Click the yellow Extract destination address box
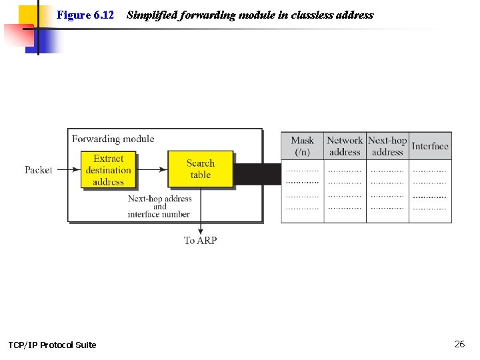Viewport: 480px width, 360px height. click(109, 170)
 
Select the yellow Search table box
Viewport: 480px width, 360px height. click(200, 169)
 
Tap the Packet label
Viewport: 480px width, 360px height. click(39, 170)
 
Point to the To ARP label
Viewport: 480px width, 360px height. click(200, 241)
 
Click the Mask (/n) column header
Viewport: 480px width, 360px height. click(302, 146)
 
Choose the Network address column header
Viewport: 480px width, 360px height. click(345, 146)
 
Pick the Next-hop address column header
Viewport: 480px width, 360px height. click(387, 146)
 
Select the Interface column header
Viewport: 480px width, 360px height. click(430, 146)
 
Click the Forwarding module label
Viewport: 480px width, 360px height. click(113, 139)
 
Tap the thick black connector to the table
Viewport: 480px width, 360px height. click(257, 174)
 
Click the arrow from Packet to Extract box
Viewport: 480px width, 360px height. click(67, 170)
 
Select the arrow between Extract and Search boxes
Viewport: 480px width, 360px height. click(151, 170)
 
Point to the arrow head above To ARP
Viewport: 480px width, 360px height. click(200, 231)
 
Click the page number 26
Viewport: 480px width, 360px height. click(459, 344)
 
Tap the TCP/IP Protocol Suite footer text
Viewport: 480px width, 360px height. click(52, 345)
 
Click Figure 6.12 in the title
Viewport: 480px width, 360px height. click(85, 15)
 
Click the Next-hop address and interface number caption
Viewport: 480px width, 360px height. click(159, 207)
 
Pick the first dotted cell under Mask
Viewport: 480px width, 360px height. click(302, 170)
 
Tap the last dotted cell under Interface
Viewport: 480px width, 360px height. click(430, 209)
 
